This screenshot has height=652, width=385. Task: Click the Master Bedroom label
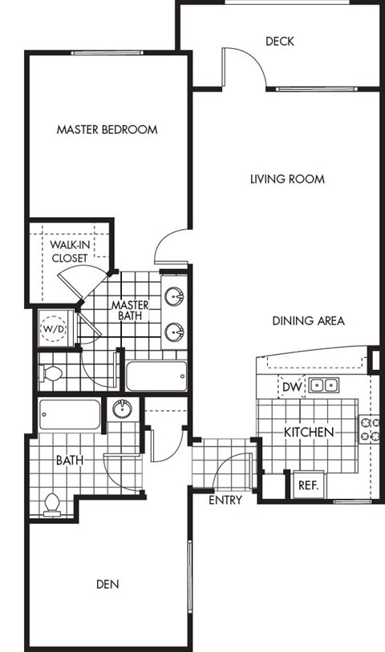click(x=107, y=129)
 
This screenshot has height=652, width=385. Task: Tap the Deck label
click(x=279, y=41)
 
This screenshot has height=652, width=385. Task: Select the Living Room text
click(x=287, y=179)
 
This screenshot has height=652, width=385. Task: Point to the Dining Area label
click(x=308, y=321)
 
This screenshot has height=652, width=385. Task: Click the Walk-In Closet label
click(x=70, y=251)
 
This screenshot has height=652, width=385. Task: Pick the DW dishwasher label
click(x=292, y=387)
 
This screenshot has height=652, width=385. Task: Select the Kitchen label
click(x=309, y=433)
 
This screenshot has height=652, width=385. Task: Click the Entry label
click(x=225, y=501)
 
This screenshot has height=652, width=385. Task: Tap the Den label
click(x=107, y=584)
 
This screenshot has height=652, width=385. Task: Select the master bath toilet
click(x=53, y=372)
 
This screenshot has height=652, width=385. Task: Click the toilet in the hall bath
click(x=52, y=502)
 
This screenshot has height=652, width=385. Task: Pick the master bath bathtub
click(x=156, y=375)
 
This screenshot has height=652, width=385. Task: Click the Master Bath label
click(x=128, y=311)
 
